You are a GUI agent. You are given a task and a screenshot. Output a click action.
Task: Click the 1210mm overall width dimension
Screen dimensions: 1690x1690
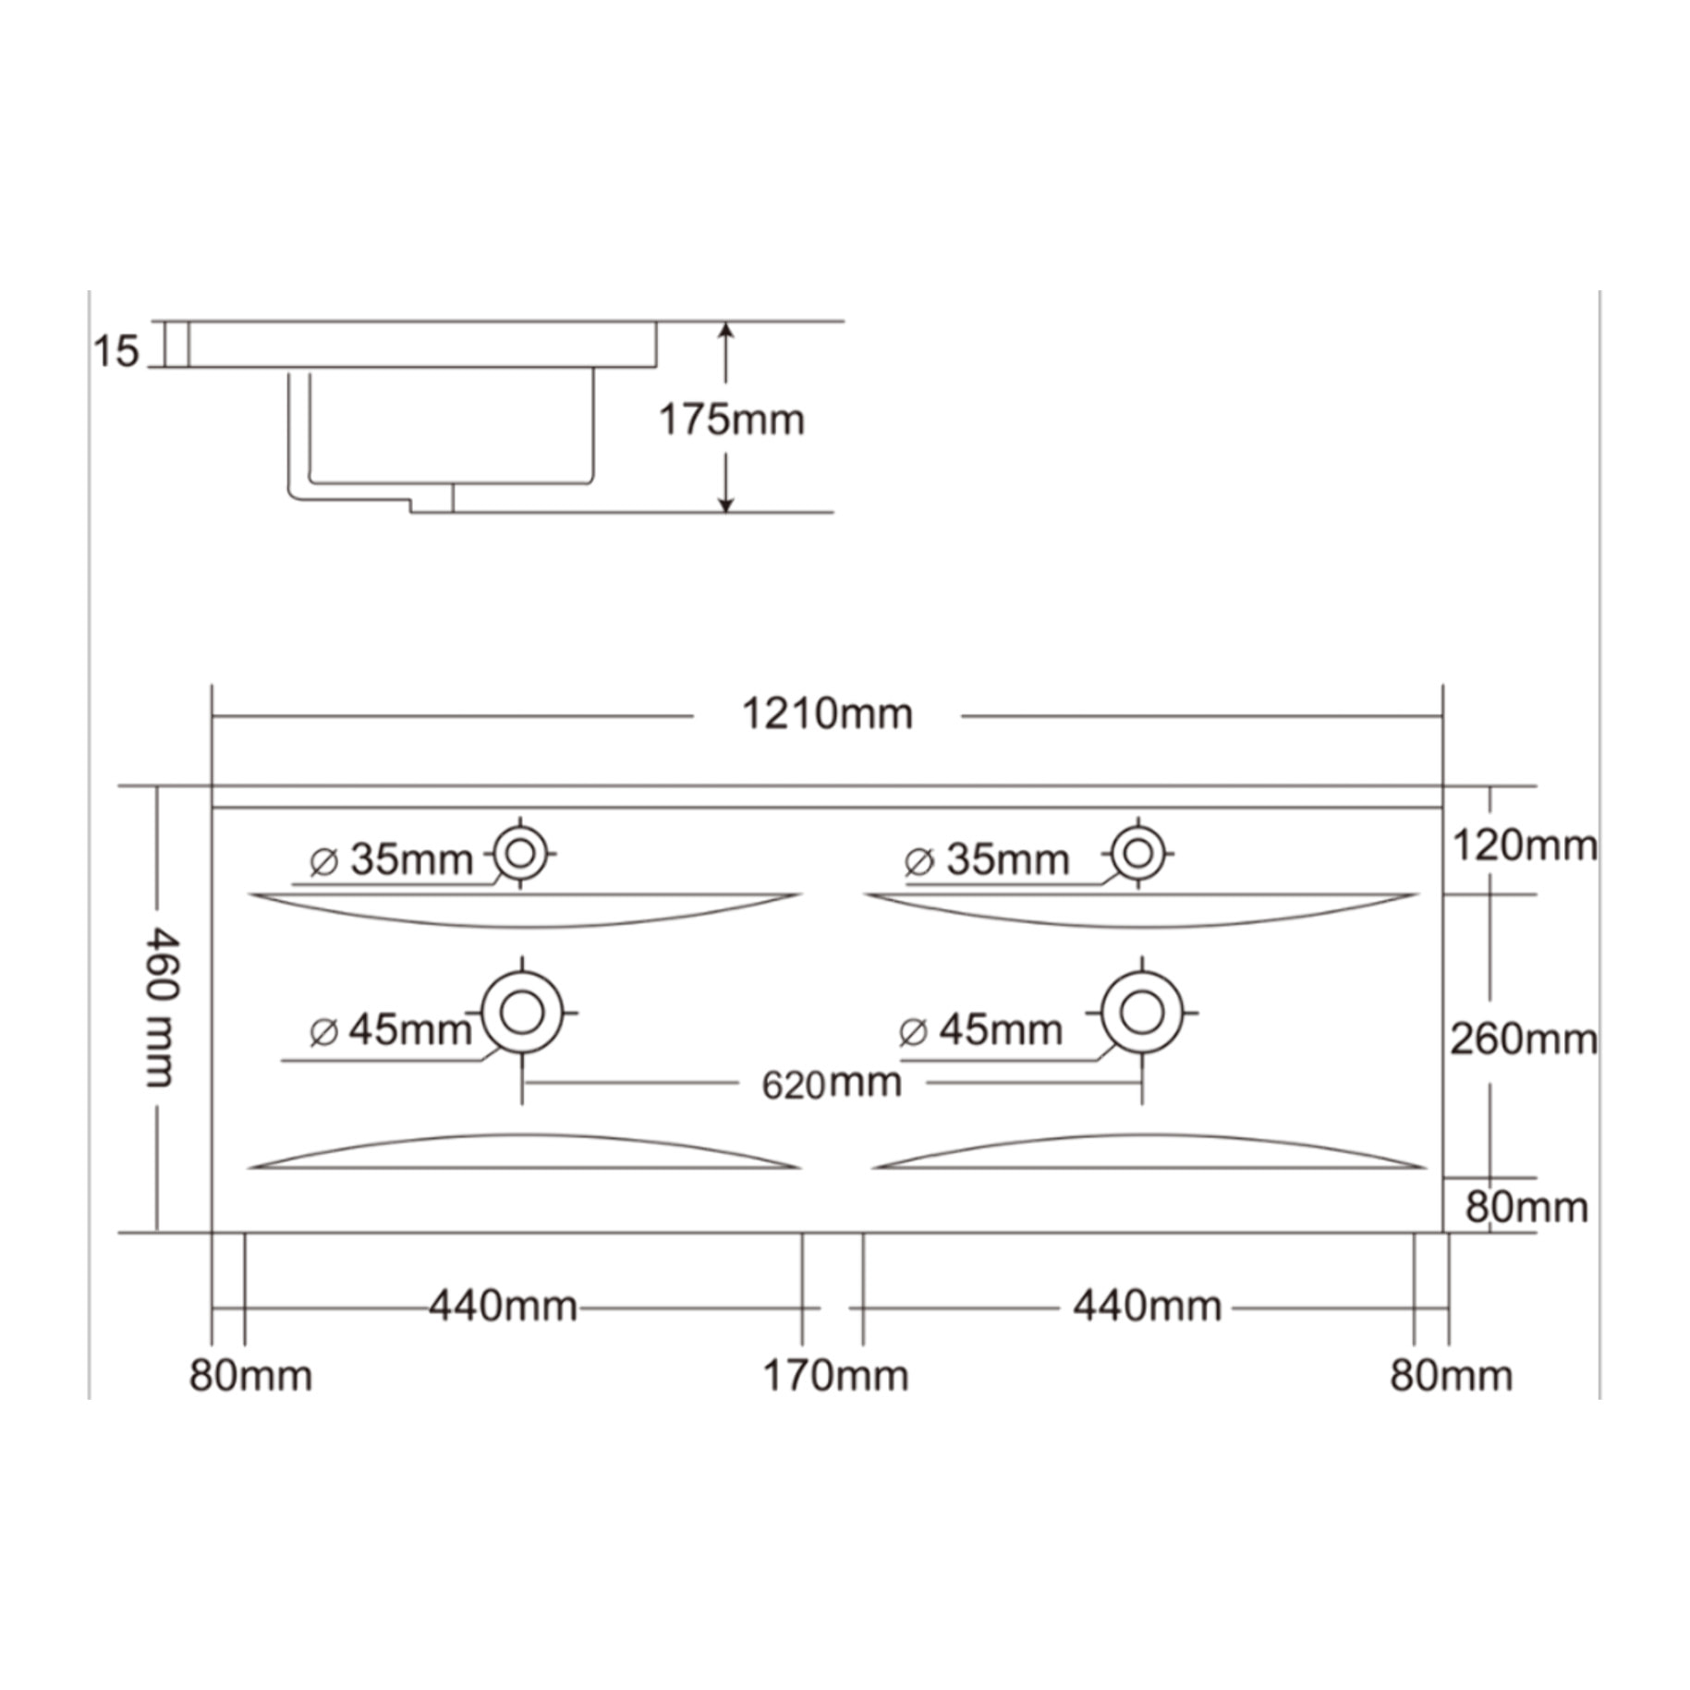pyautogui.click(x=827, y=714)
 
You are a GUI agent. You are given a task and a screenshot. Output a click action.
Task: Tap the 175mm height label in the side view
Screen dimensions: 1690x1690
pyautogui.click(x=731, y=420)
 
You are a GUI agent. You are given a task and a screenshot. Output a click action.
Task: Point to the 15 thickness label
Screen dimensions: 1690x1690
pyautogui.click(x=116, y=351)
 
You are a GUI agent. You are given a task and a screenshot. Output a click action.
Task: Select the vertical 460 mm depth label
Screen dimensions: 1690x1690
pyautogui.click(x=162, y=1008)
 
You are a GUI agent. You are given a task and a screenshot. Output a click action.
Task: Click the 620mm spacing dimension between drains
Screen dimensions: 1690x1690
pyautogui.click(x=832, y=1083)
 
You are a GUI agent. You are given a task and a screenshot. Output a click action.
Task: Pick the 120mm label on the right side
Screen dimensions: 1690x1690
pyautogui.click(x=1525, y=845)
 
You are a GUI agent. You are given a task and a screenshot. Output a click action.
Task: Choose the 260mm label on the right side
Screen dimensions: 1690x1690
pyautogui.click(x=1523, y=1040)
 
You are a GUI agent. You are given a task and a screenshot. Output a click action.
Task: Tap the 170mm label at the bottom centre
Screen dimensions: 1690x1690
pyautogui.click(x=835, y=1376)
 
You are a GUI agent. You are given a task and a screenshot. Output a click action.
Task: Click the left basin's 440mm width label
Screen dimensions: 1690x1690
pyautogui.click(x=503, y=1306)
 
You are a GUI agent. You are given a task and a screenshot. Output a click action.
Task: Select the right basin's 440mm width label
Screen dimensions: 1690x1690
pyautogui.click(x=1147, y=1306)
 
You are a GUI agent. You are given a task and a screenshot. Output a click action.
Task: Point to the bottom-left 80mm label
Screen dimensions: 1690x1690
pyautogui.click(x=250, y=1376)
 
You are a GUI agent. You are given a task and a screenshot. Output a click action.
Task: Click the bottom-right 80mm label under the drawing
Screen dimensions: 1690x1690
pyautogui.click(x=1451, y=1376)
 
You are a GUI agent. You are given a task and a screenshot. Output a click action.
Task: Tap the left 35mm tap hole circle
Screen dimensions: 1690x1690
pyautogui.click(x=521, y=854)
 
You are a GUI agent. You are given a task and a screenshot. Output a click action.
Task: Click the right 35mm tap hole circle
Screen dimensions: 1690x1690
pyautogui.click(x=1137, y=854)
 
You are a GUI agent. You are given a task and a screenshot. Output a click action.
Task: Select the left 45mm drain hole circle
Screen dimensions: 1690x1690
pyautogui.click(x=522, y=1013)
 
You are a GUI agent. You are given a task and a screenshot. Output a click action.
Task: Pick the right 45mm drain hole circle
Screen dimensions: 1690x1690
pyautogui.click(x=1141, y=1013)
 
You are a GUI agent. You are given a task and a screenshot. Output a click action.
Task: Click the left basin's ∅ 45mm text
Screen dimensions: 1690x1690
pyautogui.click(x=390, y=1030)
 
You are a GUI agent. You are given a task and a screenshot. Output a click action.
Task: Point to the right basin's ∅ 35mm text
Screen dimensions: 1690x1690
pyautogui.click(x=986, y=860)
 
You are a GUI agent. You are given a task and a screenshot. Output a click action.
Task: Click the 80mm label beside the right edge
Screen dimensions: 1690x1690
pyautogui.click(x=1526, y=1207)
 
